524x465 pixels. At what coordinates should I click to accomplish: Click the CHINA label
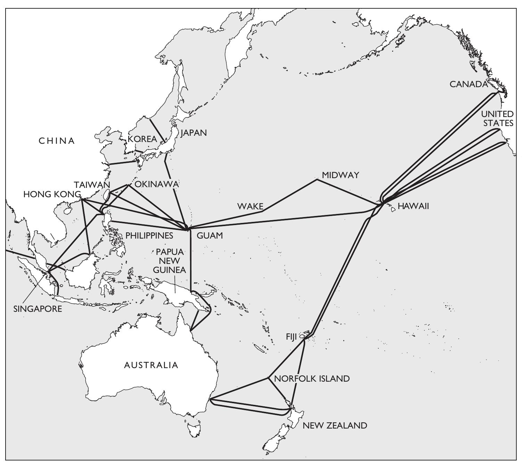pyautogui.click(x=57, y=141)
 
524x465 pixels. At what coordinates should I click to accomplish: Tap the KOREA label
pyautogui.click(x=142, y=139)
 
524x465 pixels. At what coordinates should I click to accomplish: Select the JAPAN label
pyautogui.click(x=194, y=133)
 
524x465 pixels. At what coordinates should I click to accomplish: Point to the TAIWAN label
pyautogui.click(x=92, y=185)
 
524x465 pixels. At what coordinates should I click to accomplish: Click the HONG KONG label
pyautogui.click(x=52, y=194)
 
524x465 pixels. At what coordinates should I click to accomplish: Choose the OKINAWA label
pyautogui.click(x=156, y=184)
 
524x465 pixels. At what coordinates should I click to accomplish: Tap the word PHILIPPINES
pyautogui.click(x=149, y=235)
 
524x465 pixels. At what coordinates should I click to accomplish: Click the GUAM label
pyautogui.click(x=210, y=235)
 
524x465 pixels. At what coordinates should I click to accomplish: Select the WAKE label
pyautogui.click(x=250, y=206)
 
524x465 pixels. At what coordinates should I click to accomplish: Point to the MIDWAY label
pyautogui.click(x=340, y=175)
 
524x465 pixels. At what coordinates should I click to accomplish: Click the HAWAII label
pyautogui.click(x=413, y=206)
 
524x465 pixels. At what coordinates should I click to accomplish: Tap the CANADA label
pyautogui.click(x=469, y=84)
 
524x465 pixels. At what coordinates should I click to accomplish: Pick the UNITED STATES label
pyautogui.click(x=498, y=118)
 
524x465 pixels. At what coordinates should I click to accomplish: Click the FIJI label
pyautogui.click(x=292, y=337)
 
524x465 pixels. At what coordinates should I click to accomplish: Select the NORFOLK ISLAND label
pyautogui.click(x=312, y=379)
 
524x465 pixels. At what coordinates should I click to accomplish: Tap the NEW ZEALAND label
pyautogui.click(x=335, y=425)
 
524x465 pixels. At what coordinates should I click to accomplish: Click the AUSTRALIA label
pyautogui.click(x=151, y=365)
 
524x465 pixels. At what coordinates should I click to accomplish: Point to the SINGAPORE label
pyautogui.click(x=38, y=309)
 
